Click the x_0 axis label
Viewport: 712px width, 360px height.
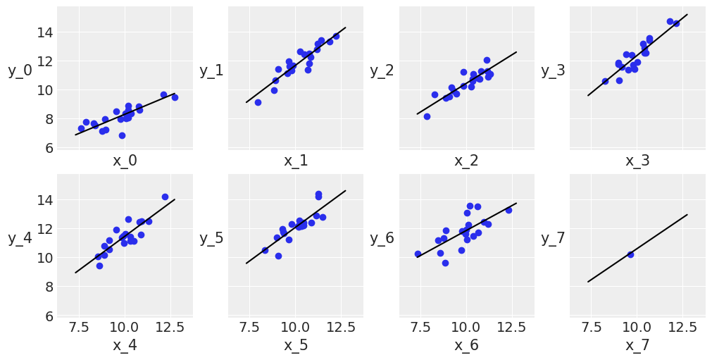pos(125,161)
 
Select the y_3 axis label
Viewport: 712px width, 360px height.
pos(553,70)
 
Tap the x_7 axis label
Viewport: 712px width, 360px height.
pos(637,345)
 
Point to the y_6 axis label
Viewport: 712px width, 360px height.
pos(382,238)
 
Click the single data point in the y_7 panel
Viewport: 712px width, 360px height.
pos(630,254)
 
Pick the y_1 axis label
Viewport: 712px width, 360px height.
pos(211,70)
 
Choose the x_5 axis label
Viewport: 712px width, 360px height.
pos(296,345)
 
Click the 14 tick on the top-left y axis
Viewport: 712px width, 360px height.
pos(45,32)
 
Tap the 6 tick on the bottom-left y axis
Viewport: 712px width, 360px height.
pos(49,316)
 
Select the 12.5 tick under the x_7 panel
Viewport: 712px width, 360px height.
pos(682,328)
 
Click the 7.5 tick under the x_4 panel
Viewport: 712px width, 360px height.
pos(79,328)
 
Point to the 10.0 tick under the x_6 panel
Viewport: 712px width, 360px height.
pos(466,328)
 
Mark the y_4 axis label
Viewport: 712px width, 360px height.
pos(20,238)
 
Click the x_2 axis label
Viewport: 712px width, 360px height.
pos(466,161)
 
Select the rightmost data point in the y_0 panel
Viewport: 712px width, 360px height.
pos(175,97)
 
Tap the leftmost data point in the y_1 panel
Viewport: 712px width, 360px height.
pos(258,102)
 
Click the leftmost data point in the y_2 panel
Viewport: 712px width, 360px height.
pos(427,116)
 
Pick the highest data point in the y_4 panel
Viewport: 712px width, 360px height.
pos(165,197)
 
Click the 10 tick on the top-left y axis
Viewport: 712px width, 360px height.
pos(45,90)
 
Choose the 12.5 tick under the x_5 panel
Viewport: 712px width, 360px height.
pos(341,328)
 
